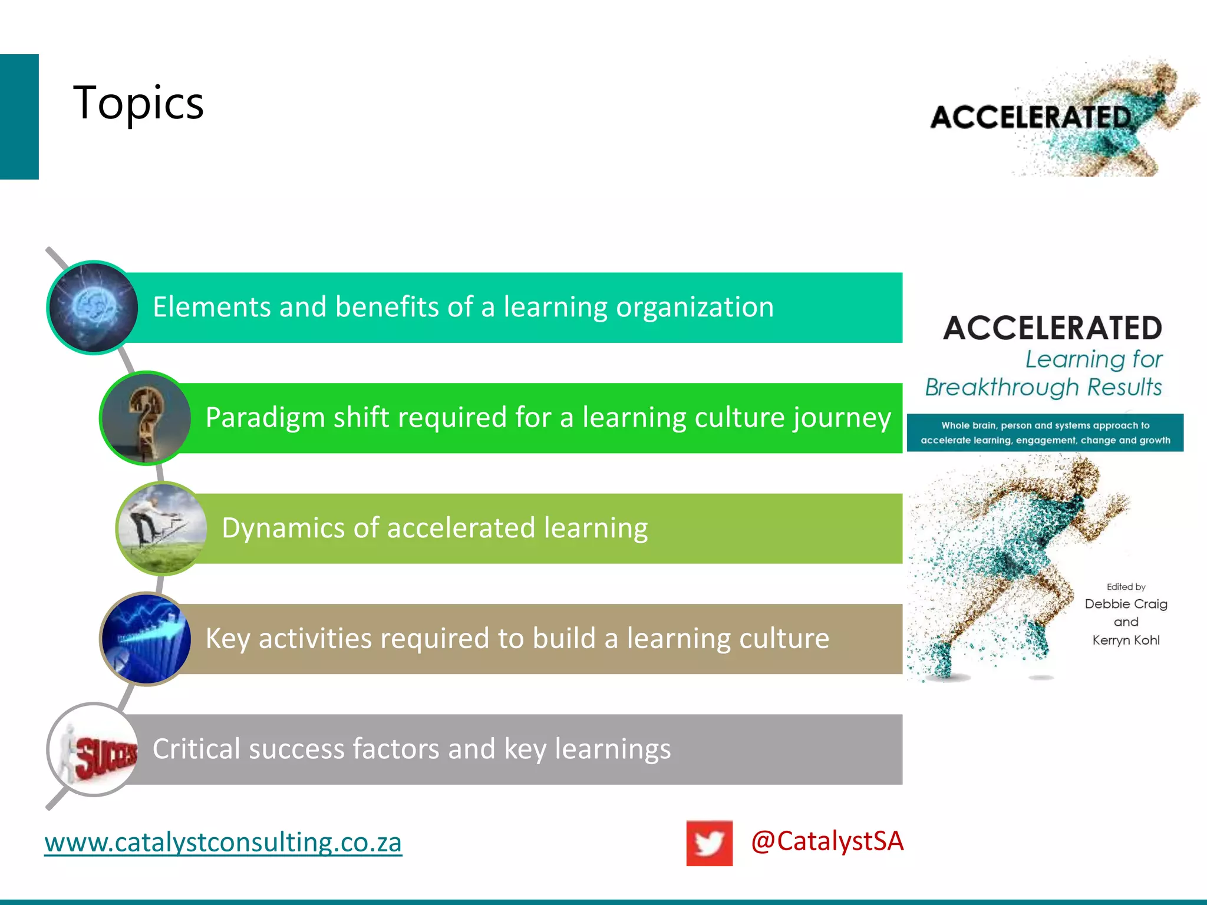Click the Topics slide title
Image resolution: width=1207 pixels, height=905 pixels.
(138, 103)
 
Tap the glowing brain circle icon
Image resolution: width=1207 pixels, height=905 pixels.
(93, 308)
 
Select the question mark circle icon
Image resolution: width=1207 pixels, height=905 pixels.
(146, 418)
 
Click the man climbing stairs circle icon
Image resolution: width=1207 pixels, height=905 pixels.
(162, 528)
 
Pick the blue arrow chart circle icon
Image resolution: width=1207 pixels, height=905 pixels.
(146, 639)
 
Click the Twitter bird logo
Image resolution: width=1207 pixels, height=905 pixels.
(709, 843)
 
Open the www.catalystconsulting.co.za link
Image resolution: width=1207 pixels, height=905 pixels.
(223, 842)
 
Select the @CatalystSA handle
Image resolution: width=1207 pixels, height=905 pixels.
(827, 841)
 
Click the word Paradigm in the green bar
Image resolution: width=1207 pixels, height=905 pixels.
(265, 418)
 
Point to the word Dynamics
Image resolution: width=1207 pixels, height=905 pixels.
(282, 528)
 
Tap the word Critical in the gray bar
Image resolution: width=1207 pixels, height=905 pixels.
(196, 749)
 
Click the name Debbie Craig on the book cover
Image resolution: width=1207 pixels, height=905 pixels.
(1126, 604)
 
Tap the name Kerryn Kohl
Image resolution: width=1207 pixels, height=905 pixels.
(1126, 640)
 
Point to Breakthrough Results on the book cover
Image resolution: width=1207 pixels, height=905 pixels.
(1043, 387)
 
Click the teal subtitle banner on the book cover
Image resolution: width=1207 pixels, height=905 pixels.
(1045, 433)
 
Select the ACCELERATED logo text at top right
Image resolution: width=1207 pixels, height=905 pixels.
(1031, 117)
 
